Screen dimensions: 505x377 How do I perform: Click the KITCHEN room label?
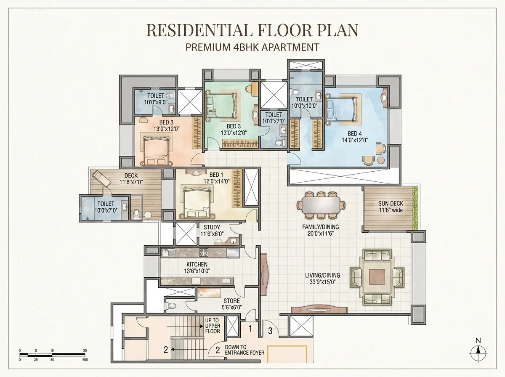(x=197, y=264)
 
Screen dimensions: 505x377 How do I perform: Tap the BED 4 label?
(x=354, y=134)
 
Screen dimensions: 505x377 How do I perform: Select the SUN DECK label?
(x=391, y=203)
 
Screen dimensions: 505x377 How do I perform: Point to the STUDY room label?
(x=212, y=227)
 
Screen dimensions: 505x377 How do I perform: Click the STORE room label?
(x=232, y=301)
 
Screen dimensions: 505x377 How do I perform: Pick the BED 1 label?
(x=216, y=175)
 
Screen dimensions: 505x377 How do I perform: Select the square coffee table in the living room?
(x=377, y=277)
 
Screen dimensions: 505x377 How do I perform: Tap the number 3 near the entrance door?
(x=270, y=331)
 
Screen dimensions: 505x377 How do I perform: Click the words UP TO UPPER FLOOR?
(x=213, y=326)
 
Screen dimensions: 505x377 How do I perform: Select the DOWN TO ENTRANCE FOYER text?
(x=245, y=350)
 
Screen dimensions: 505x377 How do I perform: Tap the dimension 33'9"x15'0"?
(x=322, y=282)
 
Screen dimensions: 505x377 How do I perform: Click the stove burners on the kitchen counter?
(x=204, y=252)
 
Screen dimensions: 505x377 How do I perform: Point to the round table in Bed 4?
(x=381, y=160)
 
